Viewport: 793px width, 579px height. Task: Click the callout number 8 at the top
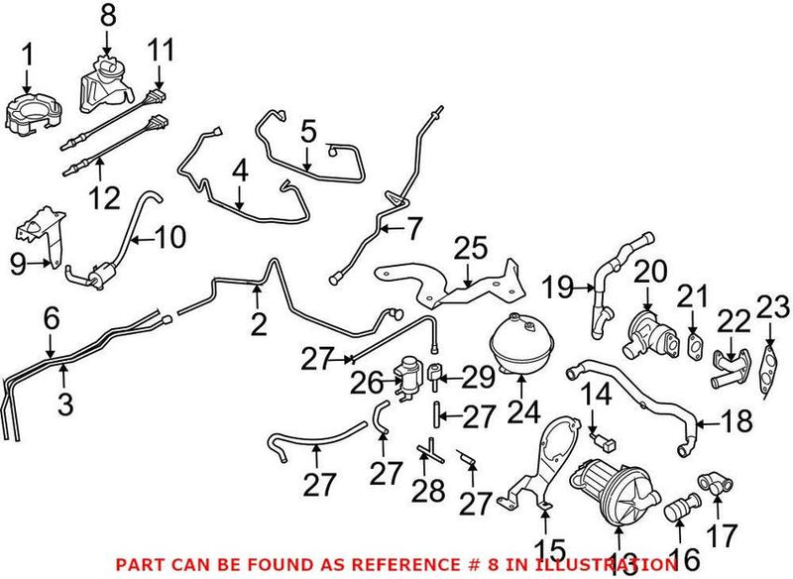click(107, 16)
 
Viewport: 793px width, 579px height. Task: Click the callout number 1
click(28, 55)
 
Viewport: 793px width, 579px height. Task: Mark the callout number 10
click(170, 239)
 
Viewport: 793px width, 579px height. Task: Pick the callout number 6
click(52, 318)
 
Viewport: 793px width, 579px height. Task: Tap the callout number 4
click(239, 172)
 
